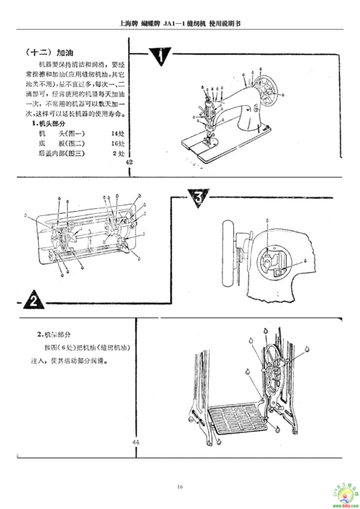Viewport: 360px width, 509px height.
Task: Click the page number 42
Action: click(130, 163)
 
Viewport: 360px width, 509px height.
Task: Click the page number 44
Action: click(136, 441)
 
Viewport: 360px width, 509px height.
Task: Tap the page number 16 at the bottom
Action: click(180, 487)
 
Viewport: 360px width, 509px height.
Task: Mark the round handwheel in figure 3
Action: click(230, 254)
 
